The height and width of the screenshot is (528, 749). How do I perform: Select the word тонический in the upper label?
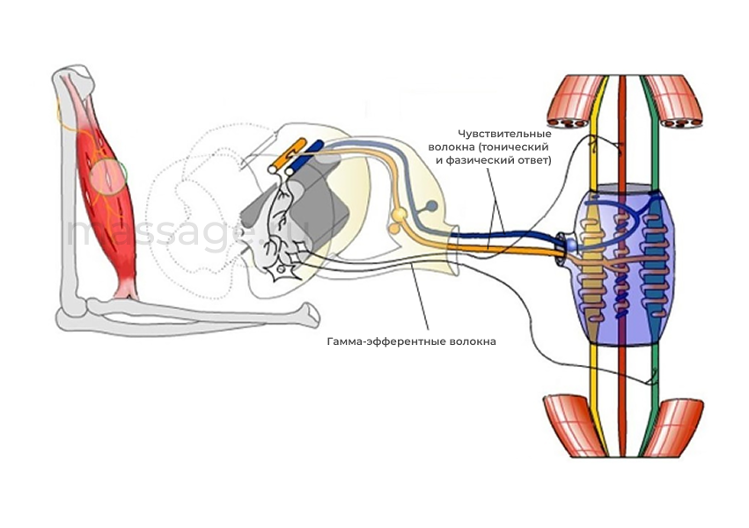(517, 146)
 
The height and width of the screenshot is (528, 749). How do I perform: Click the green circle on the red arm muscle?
(112, 174)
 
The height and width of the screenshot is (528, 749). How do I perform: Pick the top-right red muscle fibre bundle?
(678, 100)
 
